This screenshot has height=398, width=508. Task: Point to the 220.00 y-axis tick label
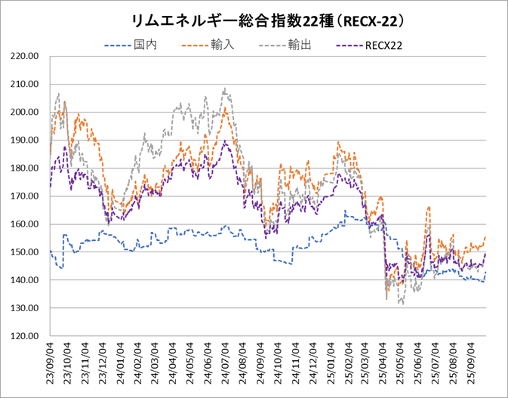25,56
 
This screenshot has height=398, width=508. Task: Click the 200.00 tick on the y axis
25,112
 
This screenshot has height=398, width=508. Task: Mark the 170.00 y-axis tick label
25,196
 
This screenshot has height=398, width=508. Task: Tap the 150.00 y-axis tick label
25,252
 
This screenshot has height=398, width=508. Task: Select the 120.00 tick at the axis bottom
25,336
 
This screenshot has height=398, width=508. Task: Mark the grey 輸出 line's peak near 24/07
224,89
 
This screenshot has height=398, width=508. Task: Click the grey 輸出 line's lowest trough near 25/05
402,304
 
